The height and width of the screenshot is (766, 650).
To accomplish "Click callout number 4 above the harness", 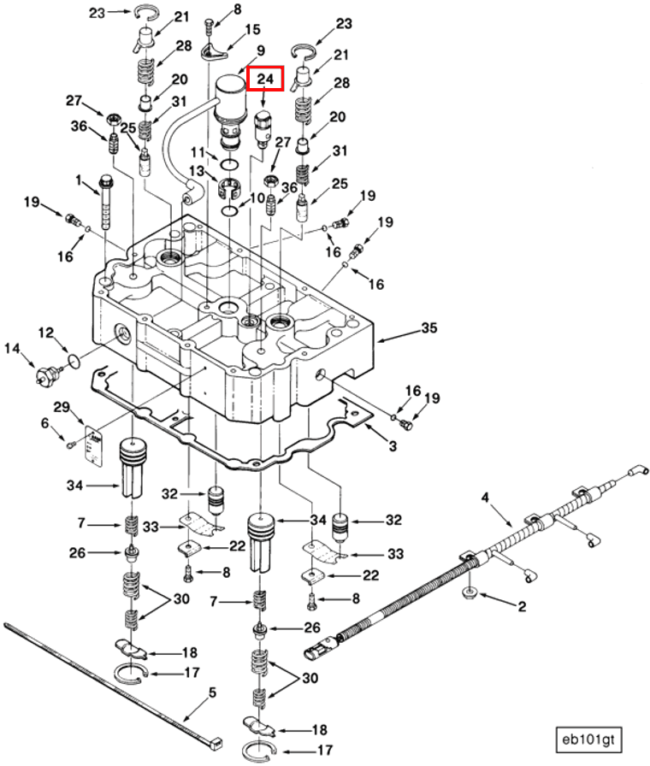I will click(x=485, y=496).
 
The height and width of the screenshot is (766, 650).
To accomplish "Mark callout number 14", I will click(x=13, y=348).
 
